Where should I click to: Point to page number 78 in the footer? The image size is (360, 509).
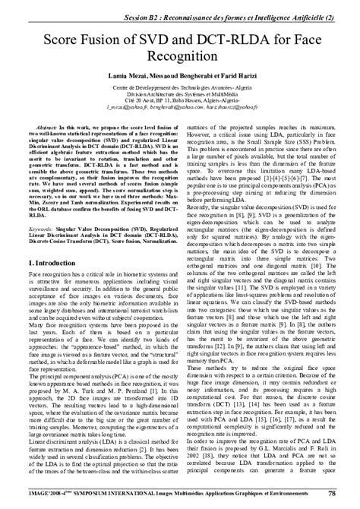pos(332,493)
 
